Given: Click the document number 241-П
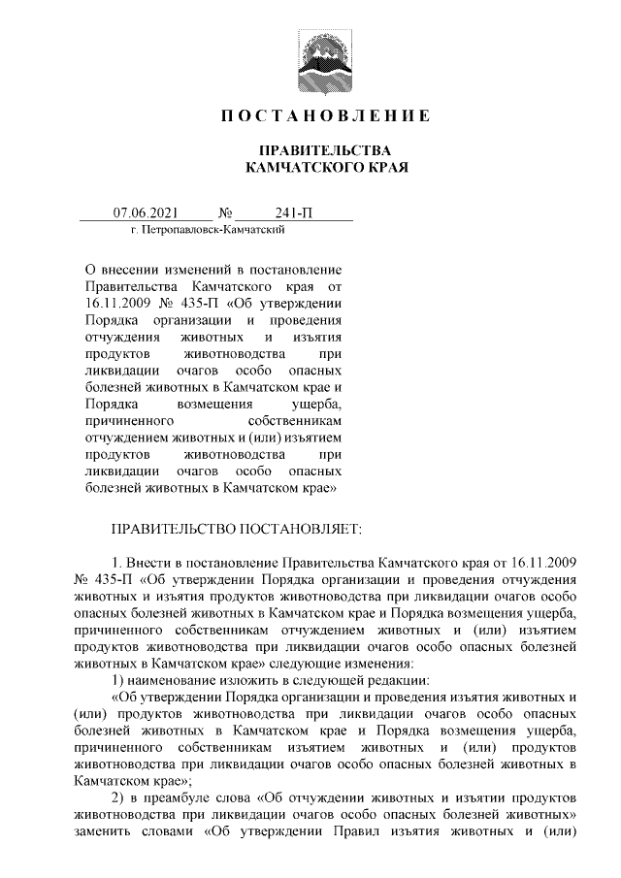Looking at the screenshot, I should (x=294, y=212).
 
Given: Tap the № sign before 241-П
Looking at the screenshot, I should (x=226, y=212).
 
